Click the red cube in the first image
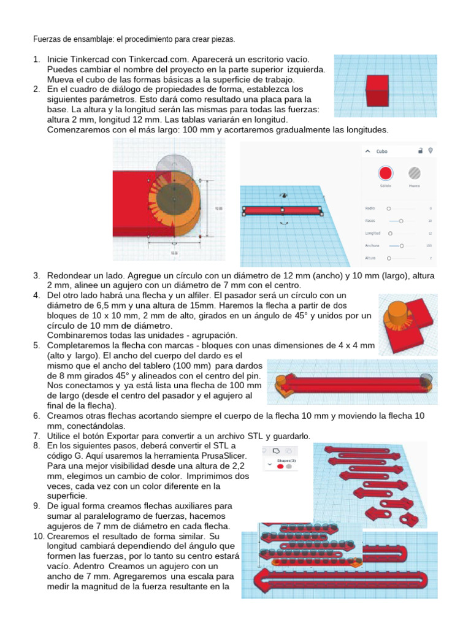[377, 90]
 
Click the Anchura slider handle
[401, 245]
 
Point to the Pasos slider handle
[400, 221]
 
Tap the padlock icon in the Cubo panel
[419, 150]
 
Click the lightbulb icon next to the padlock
[431, 150]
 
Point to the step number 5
[37, 345]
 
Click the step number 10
[38, 536]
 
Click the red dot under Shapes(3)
[280, 467]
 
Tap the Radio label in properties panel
[370, 209]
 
